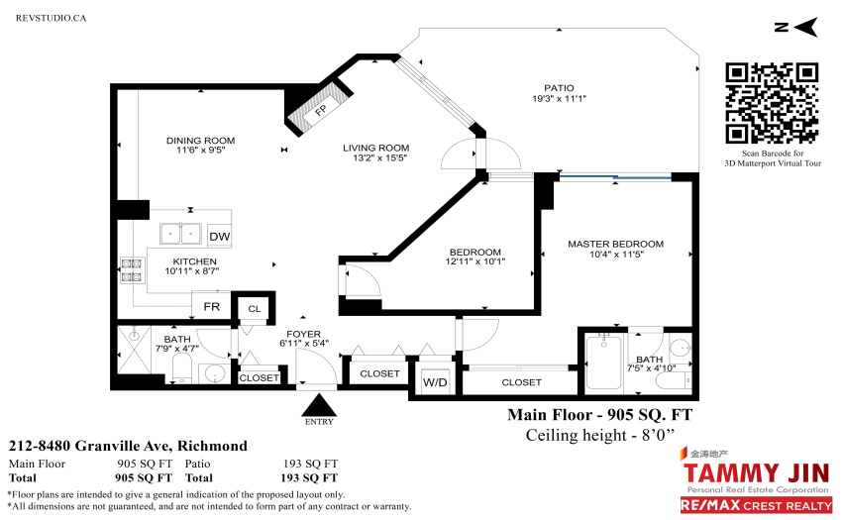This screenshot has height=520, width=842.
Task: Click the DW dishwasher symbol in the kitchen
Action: tap(219, 236)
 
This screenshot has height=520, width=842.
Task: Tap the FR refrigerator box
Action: tap(212, 306)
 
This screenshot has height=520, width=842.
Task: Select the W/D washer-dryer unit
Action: tap(435, 382)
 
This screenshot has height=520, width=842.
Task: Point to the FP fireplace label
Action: tap(321, 110)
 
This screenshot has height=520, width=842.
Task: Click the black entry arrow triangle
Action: tap(320, 405)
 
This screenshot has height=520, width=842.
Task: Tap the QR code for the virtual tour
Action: tap(773, 103)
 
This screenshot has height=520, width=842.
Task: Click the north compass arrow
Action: tap(804, 27)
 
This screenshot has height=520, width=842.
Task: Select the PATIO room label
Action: tap(559, 88)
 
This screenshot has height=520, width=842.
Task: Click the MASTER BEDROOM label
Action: tap(615, 244)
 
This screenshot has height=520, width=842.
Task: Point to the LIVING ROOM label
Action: tap(375, 148)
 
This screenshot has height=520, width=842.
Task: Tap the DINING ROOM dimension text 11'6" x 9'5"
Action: tap(201, 151)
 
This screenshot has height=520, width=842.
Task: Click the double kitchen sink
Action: tap(180, 234)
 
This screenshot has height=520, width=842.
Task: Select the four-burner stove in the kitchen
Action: tap(132, 270)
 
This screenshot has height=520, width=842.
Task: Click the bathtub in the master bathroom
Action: tap(603, 363)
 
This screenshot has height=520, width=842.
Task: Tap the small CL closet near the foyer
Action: tap(254, 309)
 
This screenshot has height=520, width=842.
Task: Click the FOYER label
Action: tap(303, 334)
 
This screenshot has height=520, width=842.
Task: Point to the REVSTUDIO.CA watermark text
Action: tap(51, 18)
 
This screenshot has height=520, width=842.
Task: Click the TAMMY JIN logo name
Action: tap(756, 473)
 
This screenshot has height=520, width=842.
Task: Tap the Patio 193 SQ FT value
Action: tap(310, 464)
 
